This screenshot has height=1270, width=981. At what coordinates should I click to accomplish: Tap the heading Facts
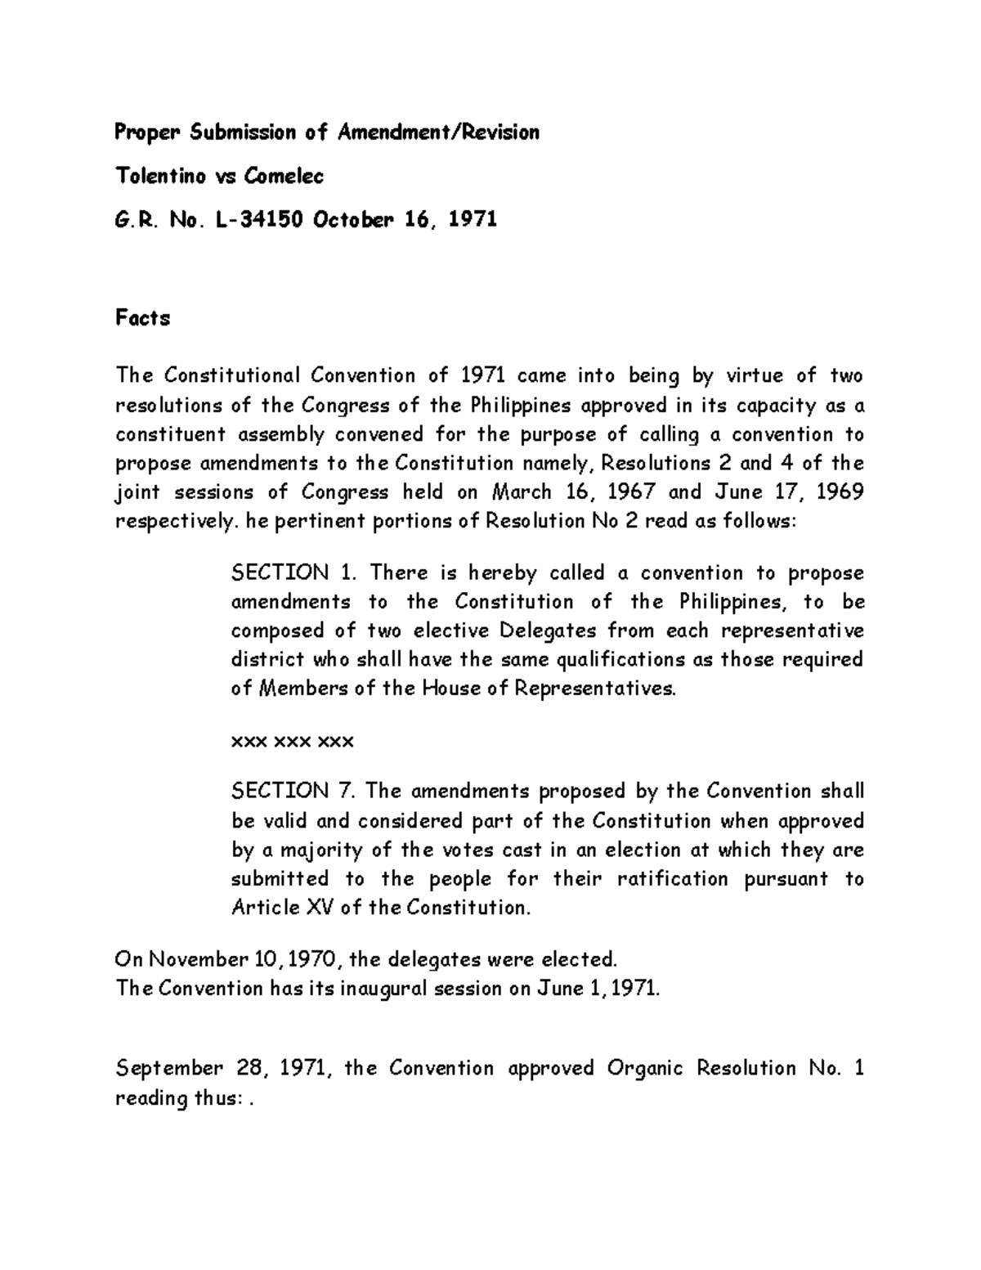142,318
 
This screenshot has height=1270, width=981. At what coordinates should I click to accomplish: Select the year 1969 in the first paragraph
840,492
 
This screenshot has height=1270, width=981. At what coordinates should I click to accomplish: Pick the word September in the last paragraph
168,1069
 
